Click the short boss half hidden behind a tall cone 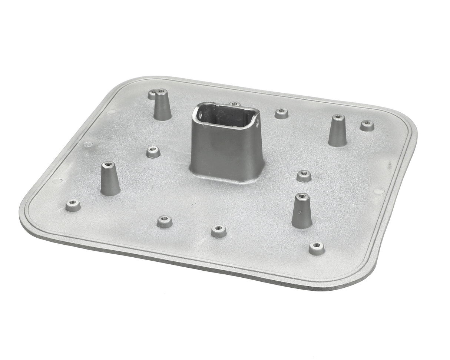pyautogui.click(x=152, y=94)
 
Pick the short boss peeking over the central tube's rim pyautogui.click(x=234, y=104)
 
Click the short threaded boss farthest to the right pyautogui.click(x=367, y=126)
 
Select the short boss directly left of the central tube pyautogui.click(x=153, y=152)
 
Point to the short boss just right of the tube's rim pyautogui.click(x=281, y=113)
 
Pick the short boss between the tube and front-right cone pyautogui.click(x=304, y=176)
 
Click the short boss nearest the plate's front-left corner pyautogui.click(x=73, y=205)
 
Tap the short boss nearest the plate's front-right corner pyautogui.click(x=317, y=248)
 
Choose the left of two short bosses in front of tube pyautogui.click(x=165, y=221)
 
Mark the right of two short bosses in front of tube pyautogui.click(x=219, y=231)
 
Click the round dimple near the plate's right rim pyautogui.click(x=379, y=191)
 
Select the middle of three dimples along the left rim pyautogui.click(x=88, y=144)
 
